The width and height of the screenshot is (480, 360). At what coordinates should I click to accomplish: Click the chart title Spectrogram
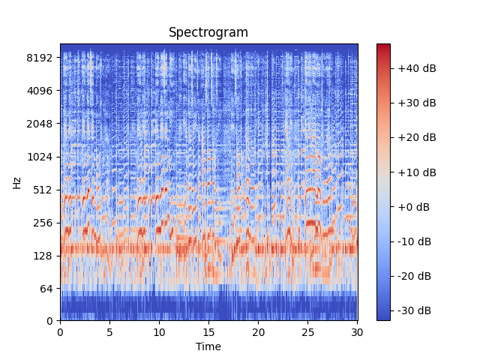(x=208, y=32)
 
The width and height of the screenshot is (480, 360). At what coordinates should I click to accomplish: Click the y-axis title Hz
(x=16, y=182)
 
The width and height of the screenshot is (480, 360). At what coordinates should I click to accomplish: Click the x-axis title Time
(x=208, y=346)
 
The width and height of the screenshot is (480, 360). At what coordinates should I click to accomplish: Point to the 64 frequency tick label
(x=46, y=289)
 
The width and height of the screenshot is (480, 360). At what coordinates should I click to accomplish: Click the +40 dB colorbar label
(x=416, y=68)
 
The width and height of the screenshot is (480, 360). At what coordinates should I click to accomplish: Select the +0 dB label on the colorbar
(x=414, y=207)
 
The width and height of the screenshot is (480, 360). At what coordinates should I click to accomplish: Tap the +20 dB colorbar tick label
(x=416, y=137)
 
